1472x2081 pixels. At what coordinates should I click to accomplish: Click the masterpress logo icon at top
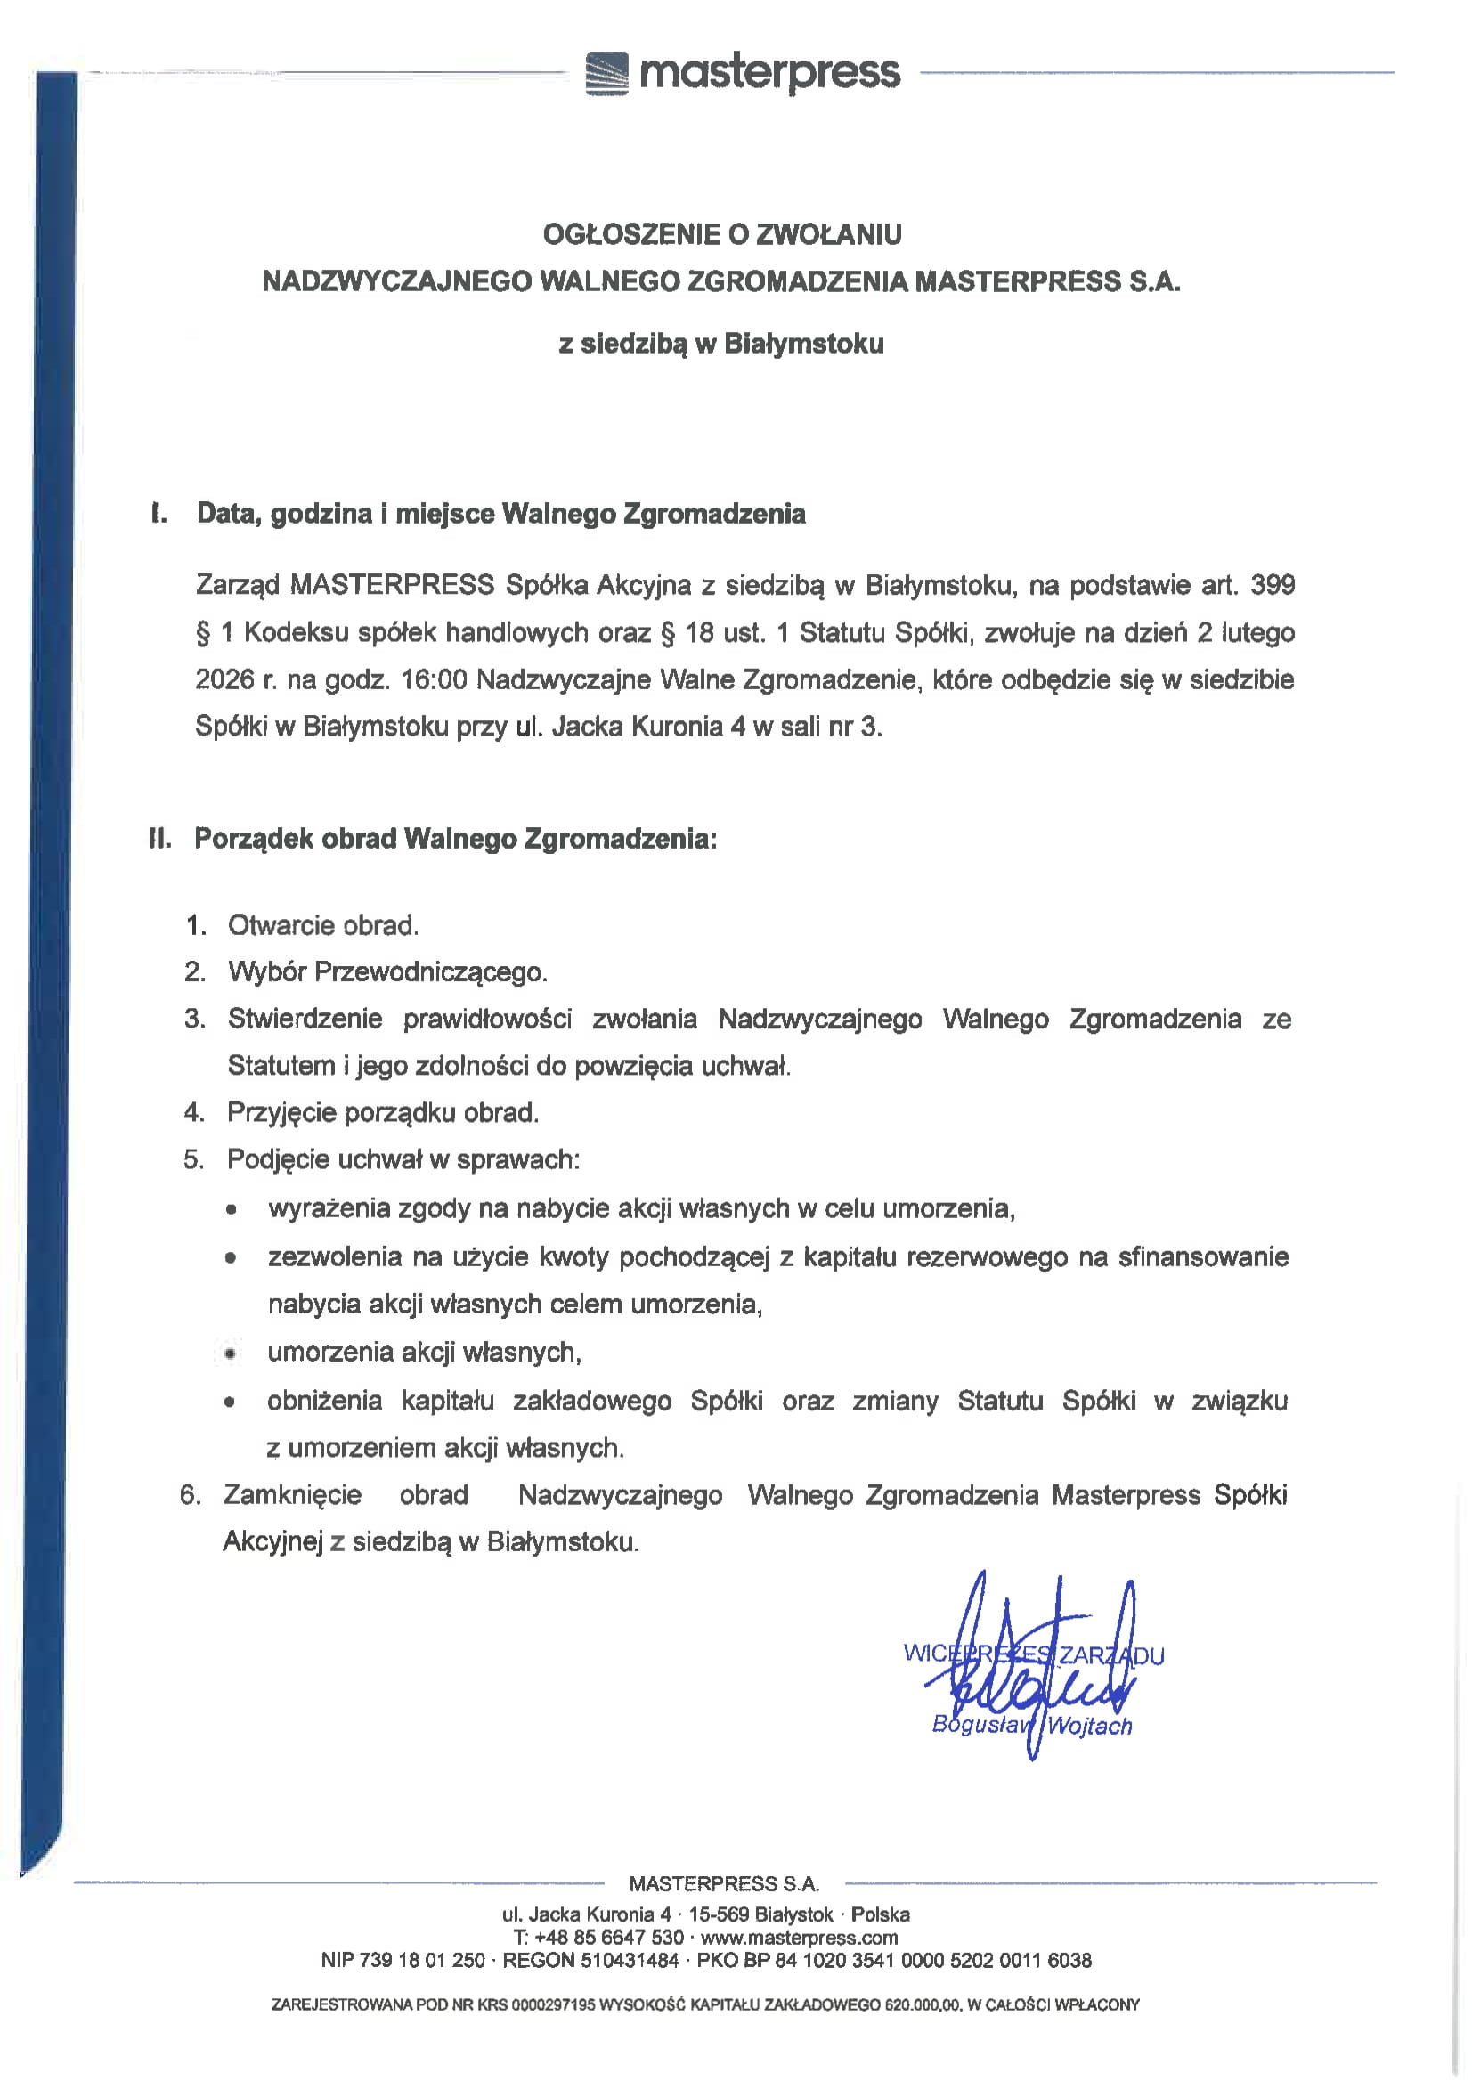[606, 73]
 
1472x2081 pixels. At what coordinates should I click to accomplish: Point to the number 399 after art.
[1272, 585]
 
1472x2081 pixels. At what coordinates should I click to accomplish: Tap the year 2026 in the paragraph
[224, 679]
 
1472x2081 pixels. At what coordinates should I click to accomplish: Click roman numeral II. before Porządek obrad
[160, 839]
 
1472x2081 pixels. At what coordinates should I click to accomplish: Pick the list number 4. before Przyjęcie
[194, 1112]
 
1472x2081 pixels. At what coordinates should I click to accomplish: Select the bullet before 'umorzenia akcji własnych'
[232, 1353]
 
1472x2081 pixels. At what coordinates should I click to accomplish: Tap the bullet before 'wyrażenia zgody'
[232, 1209]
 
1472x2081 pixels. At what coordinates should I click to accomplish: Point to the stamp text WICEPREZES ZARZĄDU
[1033, 1654]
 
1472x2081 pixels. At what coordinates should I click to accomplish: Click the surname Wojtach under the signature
[1089, 1726]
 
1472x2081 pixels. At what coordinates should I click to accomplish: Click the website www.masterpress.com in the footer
[799, 1938]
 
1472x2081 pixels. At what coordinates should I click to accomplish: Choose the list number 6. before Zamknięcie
[190, 1494]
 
